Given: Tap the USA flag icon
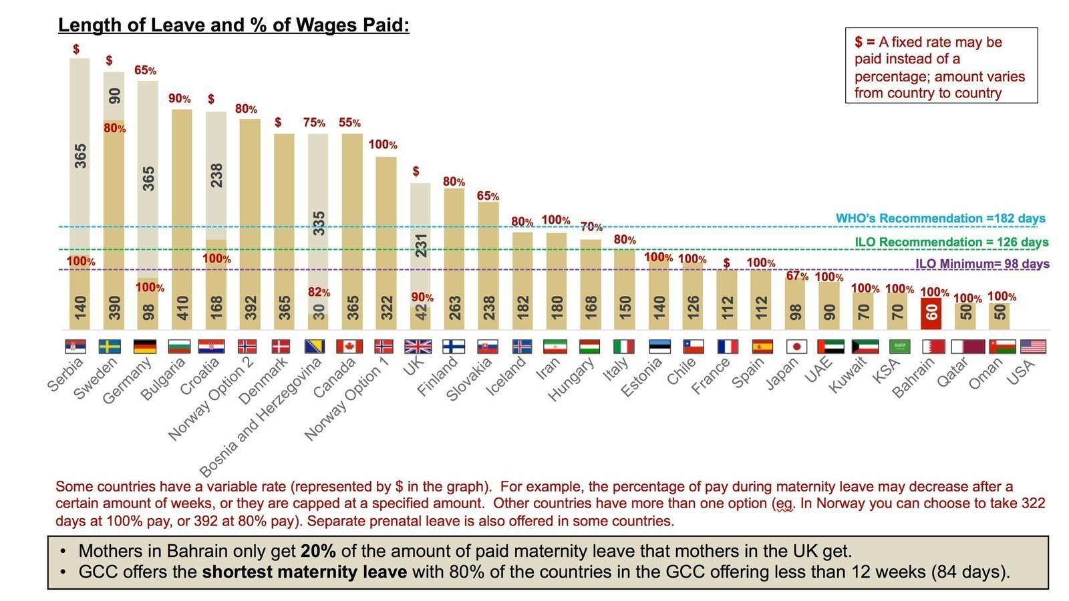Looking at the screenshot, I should (x=1034, y=347).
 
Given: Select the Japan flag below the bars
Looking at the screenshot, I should (x=796, y=347).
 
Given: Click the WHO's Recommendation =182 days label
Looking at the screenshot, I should (x=940, y=218).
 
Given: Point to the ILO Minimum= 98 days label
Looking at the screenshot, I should (x=981, y=264).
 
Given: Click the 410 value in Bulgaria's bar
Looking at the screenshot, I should (x=182, y=308).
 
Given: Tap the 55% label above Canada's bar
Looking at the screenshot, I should (x=349, y=123).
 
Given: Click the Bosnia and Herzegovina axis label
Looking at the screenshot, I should (x=261, y=417).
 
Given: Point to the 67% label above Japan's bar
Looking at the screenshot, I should (x=797, y=276).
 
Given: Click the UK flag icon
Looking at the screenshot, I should (x=418, y=347).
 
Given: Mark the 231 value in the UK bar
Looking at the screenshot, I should (x=421, y=245).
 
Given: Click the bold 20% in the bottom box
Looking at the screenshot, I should (x=317, y=552).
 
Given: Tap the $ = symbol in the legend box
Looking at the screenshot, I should (x=865, y=42).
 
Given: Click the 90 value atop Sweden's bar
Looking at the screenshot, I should (x=115, y=95).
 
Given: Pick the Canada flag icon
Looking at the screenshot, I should (x=349, y=347).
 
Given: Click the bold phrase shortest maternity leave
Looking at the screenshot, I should (x=304, y=572).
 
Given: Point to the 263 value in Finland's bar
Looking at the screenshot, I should (x=455, y=308).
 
